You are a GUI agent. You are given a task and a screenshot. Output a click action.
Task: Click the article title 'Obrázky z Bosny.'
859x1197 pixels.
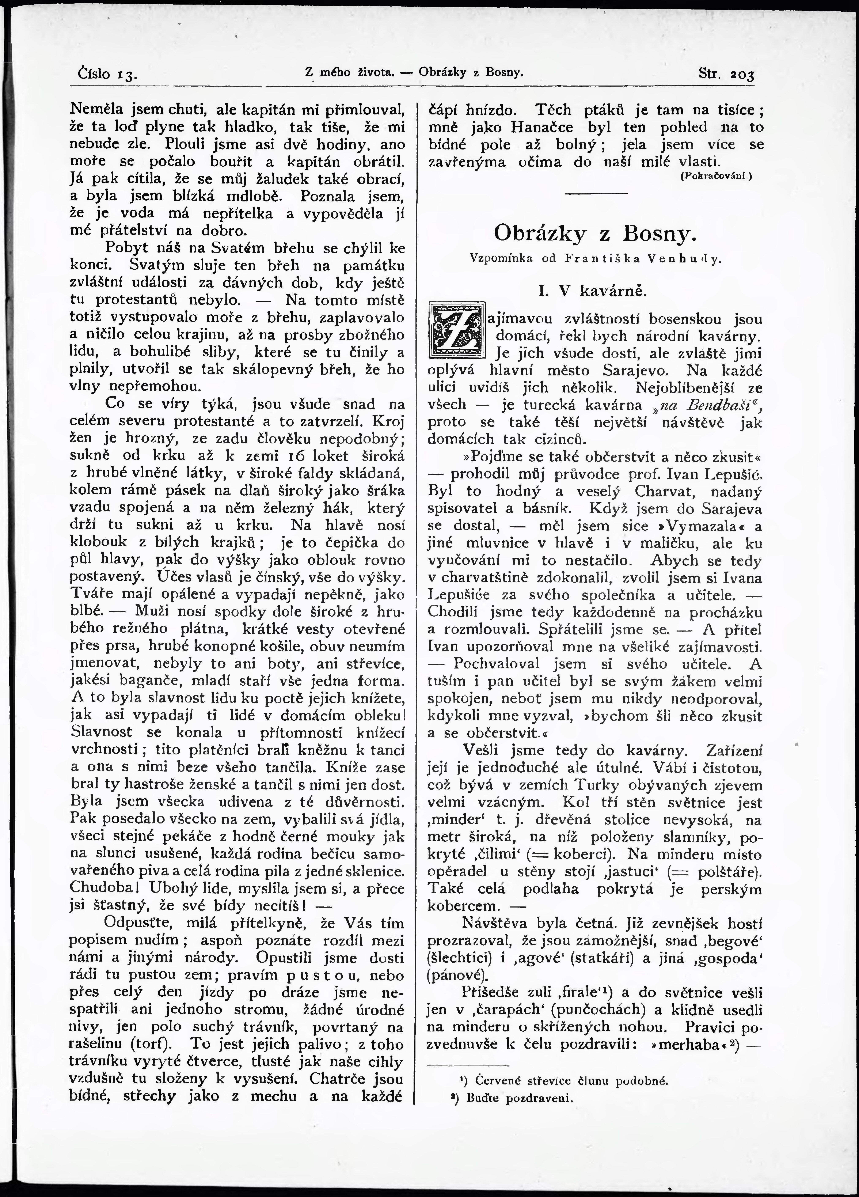click(592, 233)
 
